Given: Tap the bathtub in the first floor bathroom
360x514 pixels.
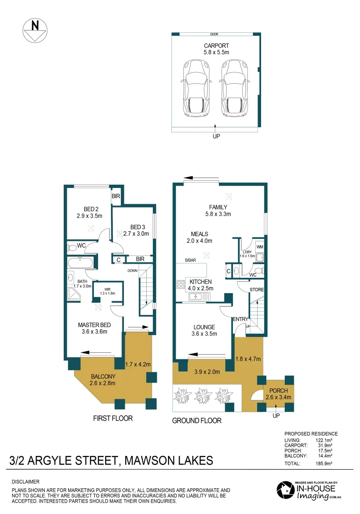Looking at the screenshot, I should point(80,263).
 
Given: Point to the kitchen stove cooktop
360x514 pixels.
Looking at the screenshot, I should point(181,285).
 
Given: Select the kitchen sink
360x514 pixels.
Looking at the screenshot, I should point(198,297).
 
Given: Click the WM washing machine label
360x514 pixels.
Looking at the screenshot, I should point(260,247).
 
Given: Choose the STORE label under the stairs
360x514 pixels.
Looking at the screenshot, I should point(257,289).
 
